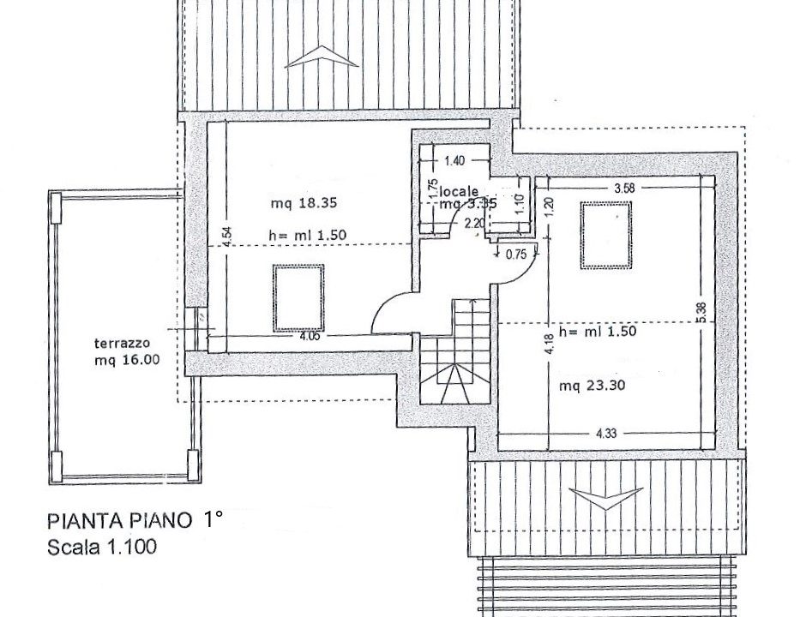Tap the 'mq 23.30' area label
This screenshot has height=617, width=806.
(592, 386)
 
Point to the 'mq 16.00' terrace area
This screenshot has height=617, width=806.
(127, 361)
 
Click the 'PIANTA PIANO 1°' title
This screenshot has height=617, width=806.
(135, 520)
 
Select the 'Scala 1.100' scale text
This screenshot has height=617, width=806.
(102, 547)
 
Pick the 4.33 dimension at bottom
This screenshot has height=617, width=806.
(605, 434)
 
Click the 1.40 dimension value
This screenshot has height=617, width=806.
(454, 160)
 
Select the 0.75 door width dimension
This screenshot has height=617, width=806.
(516, 254)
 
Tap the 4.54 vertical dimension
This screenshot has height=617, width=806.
(225, 237)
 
